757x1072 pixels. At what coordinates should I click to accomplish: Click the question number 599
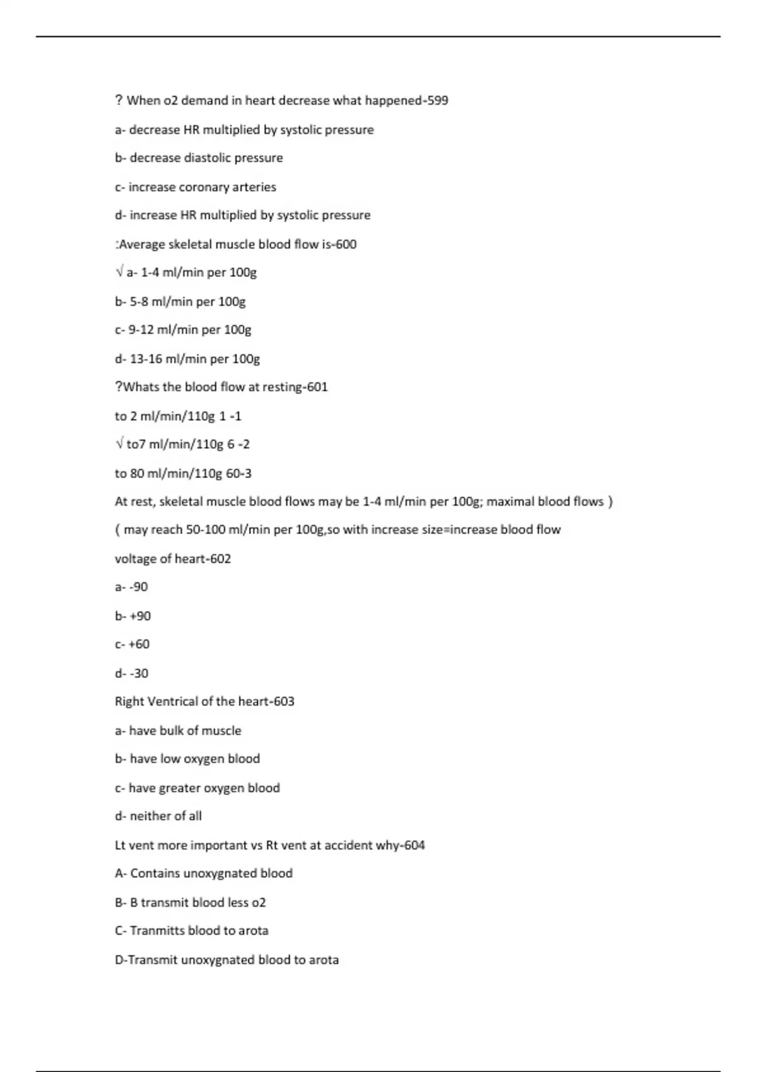(x=437, y=100)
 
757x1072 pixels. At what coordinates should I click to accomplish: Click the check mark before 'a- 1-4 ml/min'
(x=119, y=272)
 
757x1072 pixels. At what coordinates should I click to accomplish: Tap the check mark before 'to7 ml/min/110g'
(x=119, y=444)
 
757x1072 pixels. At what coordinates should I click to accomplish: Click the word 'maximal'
(x=510, y=501)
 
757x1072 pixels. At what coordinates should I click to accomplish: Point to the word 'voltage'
(x=136, y=559)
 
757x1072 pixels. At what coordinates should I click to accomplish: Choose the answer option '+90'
(x=139, y=616)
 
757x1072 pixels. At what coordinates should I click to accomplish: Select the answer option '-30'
(x=139, y=673)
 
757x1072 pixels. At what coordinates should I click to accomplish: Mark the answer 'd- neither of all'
(x=158, y=816)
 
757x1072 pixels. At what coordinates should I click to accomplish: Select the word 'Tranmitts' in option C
(x=158, y=931)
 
